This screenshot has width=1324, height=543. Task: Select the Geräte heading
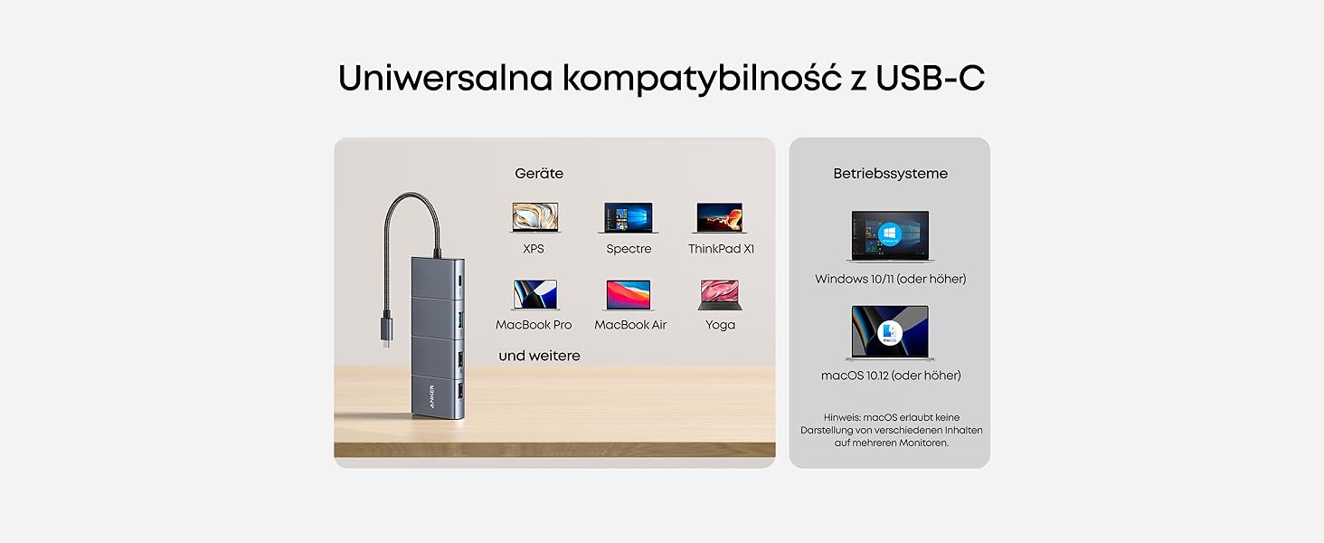539,173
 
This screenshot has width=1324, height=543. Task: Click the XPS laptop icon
534,217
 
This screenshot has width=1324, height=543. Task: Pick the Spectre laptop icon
629,217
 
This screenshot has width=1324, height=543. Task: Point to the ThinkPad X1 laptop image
720,217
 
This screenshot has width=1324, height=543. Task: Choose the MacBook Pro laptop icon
534,294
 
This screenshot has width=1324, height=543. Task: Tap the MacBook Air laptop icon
629,294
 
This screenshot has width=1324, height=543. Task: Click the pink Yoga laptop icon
720,294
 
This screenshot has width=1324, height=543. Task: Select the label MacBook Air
630,325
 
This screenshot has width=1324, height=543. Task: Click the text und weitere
539,356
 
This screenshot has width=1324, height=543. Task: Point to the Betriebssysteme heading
890,173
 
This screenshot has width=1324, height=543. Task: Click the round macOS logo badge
891,332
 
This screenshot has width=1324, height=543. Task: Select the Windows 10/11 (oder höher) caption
890,279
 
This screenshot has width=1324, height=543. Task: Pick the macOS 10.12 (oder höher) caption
890,375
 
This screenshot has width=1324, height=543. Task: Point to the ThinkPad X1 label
721,249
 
